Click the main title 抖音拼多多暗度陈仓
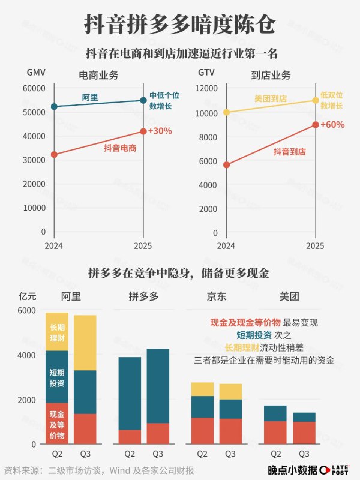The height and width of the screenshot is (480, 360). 180,25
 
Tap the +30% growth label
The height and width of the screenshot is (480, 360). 161,131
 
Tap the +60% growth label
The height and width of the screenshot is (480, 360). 332,125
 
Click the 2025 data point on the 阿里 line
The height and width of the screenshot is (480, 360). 143,100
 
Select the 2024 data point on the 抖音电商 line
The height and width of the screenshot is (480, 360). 54,154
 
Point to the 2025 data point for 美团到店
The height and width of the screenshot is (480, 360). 316,100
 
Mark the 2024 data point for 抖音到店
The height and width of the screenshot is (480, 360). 226,164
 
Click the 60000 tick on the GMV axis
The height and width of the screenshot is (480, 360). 34,88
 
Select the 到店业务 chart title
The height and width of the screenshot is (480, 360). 271,75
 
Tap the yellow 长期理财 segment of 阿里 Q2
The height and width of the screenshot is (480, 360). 57,331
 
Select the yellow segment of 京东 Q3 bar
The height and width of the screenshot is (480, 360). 230,391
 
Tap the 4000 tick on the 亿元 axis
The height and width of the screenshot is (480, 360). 28,355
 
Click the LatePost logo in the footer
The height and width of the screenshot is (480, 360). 336,470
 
